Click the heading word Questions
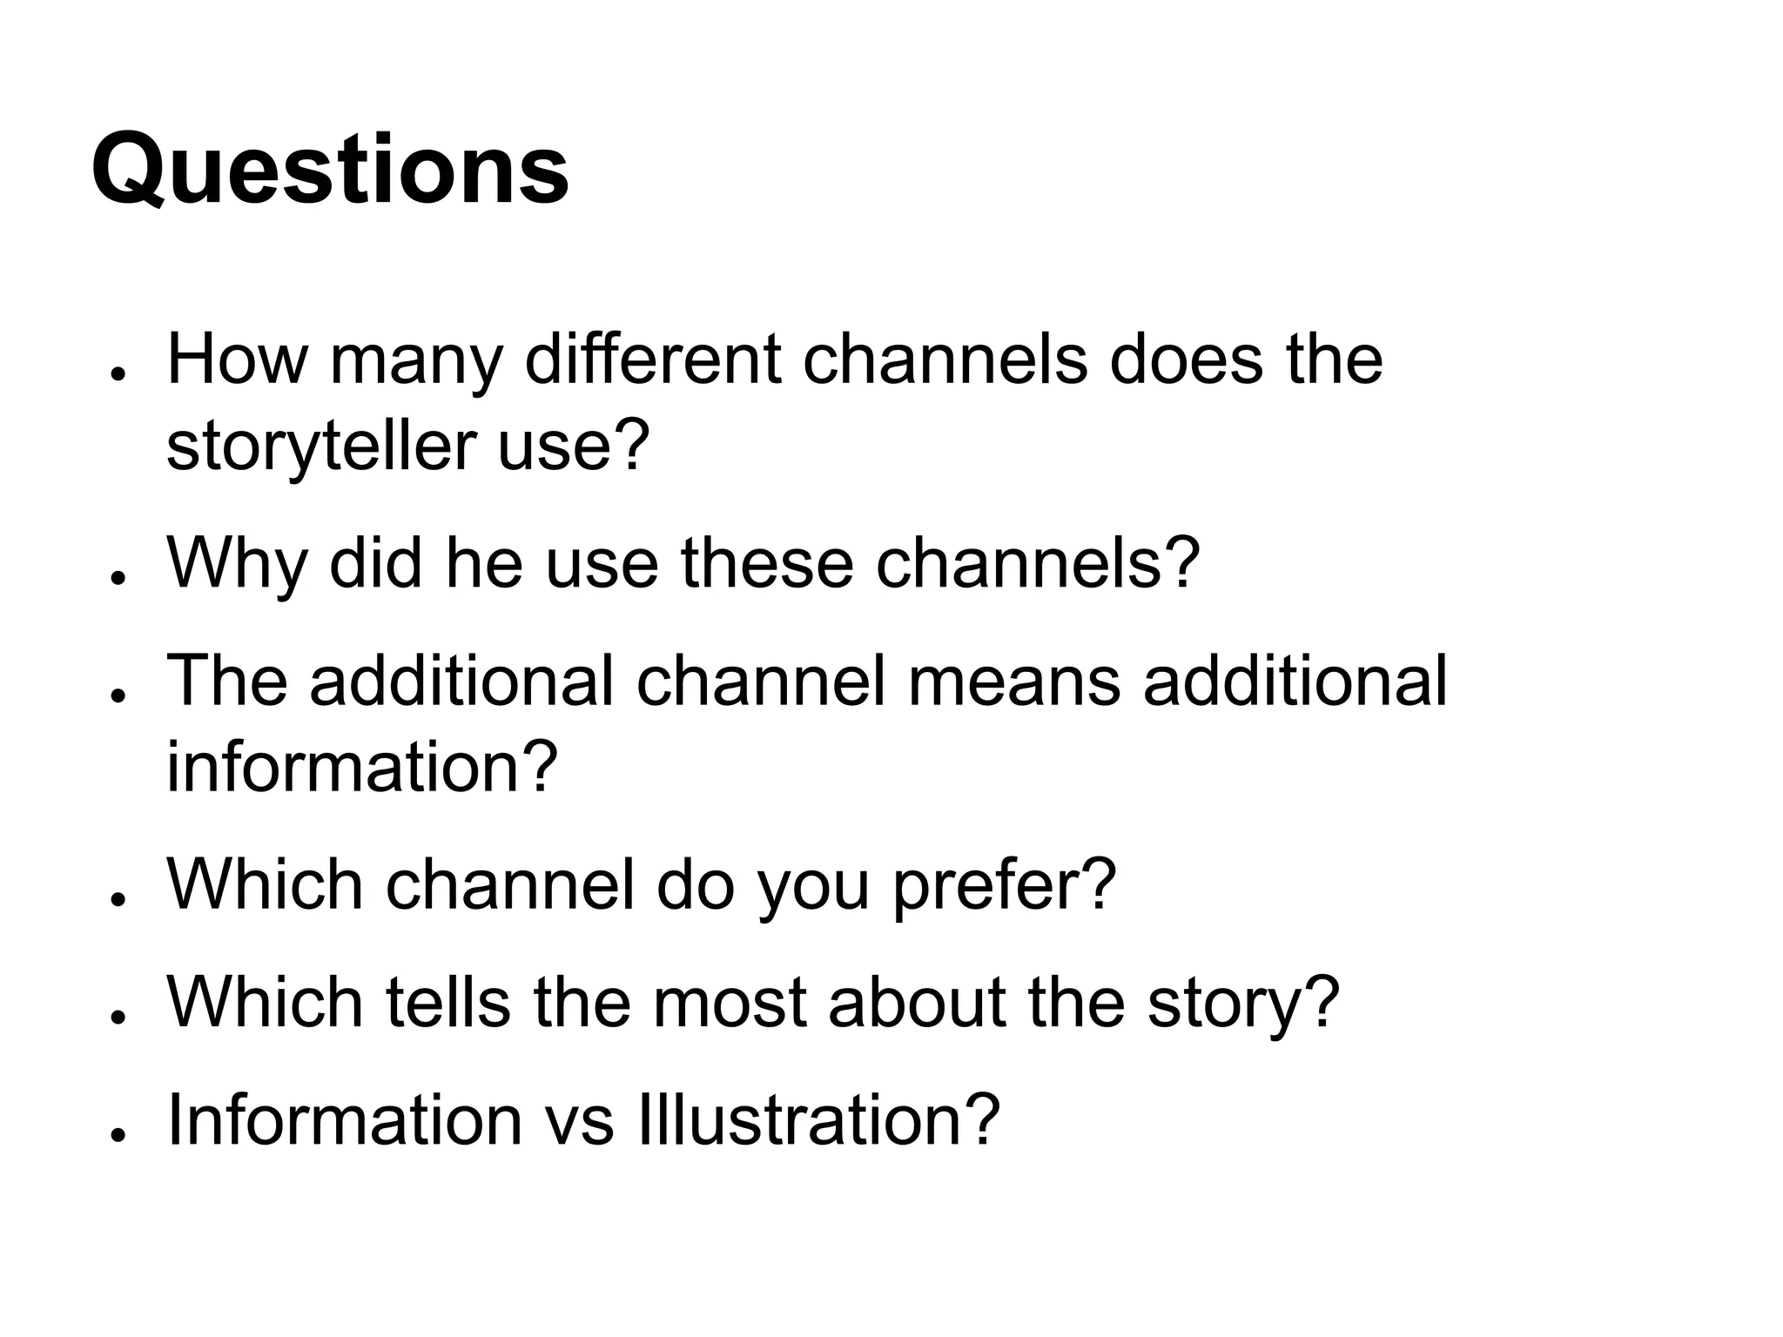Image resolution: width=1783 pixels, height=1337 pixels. tap(330, 171)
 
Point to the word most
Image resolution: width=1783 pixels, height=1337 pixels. tap(730, 1002)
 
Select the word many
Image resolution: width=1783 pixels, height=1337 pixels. tap(416, 360)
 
